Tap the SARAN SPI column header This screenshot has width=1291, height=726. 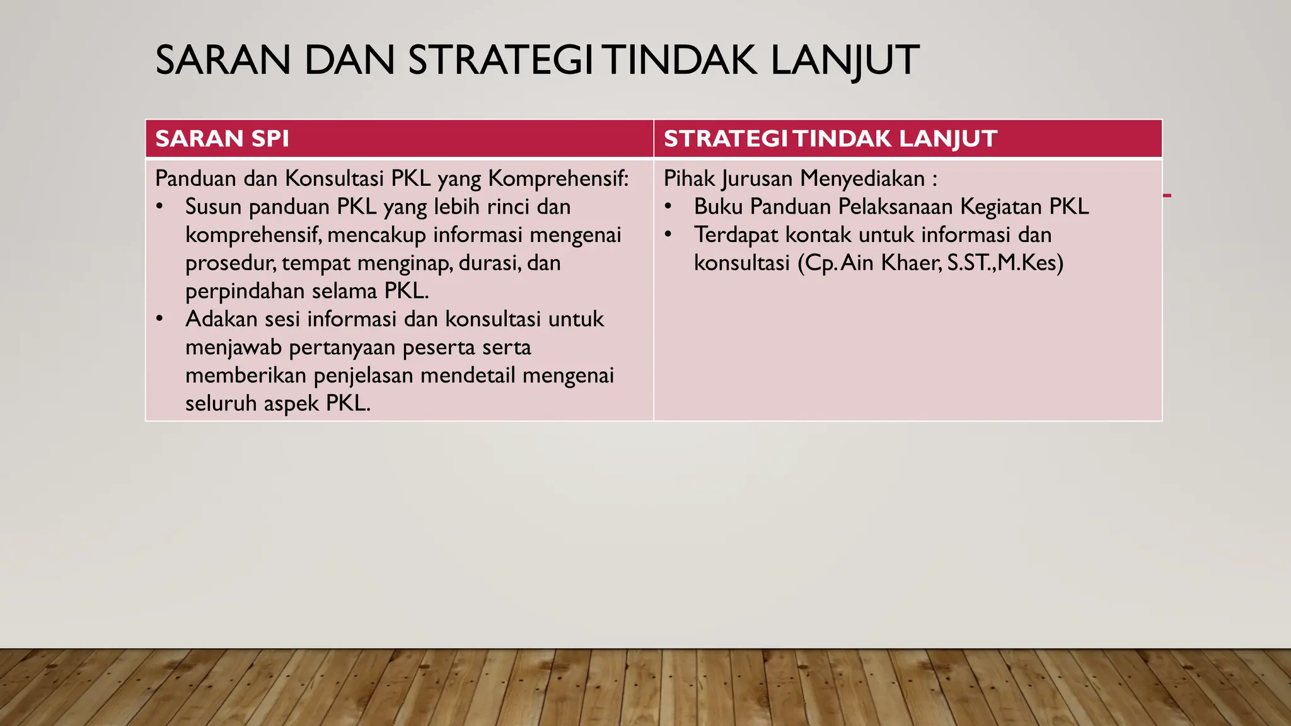click(x=222, y=139)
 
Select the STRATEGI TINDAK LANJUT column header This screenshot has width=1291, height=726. click(x=830, y=139)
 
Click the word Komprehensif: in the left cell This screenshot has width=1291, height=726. click(x=559, y=179)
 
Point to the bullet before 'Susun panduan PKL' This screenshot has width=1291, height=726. click(x=160, y=207)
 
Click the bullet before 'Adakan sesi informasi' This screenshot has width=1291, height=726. click(x=160, y=319)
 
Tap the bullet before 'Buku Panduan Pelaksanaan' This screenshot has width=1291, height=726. click(x=669, y=207)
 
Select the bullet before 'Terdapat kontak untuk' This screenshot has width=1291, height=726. click(x=669, y=235)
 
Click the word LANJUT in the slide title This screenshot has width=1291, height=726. click(x=845, y=60)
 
